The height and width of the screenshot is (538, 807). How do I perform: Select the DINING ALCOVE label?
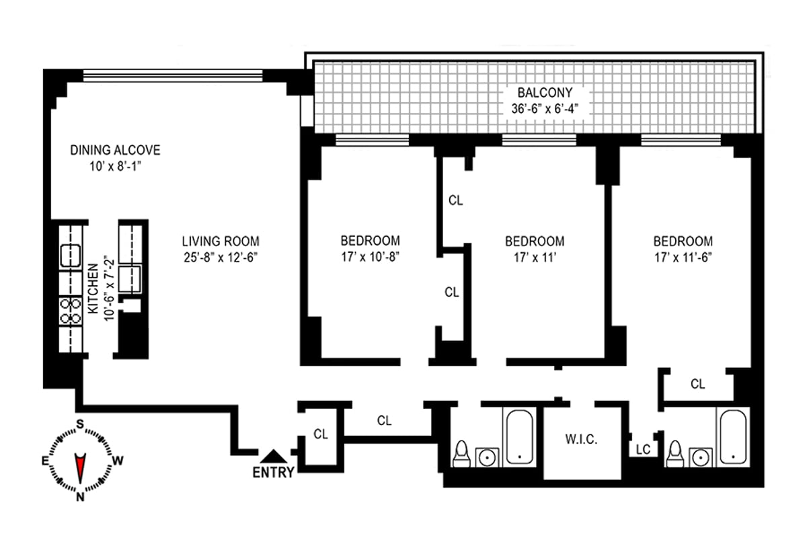[115, 150]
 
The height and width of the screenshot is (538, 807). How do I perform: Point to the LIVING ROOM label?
[220, 241]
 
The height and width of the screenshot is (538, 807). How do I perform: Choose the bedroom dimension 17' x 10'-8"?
[370, 256]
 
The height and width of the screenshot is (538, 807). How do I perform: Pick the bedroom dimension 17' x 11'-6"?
[683, 256]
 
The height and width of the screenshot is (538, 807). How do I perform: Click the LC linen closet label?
[643, 449]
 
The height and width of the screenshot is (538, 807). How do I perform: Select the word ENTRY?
[273, 473]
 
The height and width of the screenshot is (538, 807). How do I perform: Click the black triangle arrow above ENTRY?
[273, 456]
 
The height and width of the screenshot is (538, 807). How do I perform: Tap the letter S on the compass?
[80, 424]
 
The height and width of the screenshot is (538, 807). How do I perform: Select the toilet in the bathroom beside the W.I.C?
[461, 455]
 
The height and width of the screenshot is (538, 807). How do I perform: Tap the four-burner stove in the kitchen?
[69, 311]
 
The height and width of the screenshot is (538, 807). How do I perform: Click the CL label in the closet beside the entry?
[321, 434]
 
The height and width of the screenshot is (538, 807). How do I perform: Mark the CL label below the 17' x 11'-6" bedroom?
[698, 384]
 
